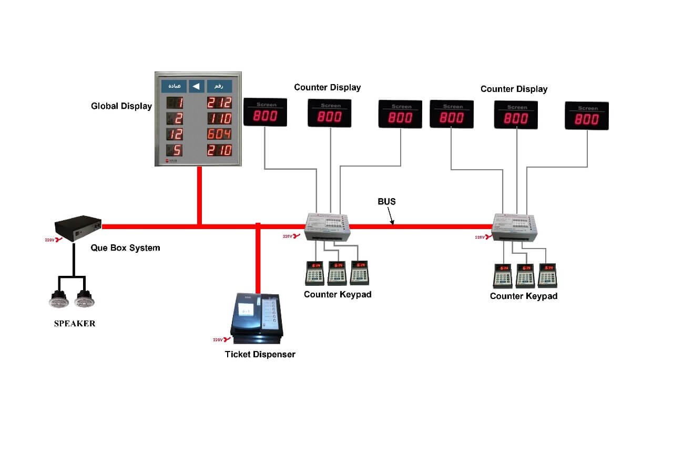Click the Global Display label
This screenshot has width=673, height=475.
(121, 106)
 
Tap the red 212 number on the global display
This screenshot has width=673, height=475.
(219, 102)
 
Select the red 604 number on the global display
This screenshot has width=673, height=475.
(219, 134)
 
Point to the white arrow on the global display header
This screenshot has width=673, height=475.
(196, 86)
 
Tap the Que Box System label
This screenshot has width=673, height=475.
(125, 247)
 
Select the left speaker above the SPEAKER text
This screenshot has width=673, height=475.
(58, 300)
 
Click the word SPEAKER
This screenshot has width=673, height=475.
(75, 324)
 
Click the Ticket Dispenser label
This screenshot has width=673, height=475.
(260, 354)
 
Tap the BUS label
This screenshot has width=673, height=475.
(386, 201)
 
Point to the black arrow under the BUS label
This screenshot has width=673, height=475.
(391, 216)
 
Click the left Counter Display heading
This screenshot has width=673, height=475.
(328, 87)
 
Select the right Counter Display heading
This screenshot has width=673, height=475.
(514, 89)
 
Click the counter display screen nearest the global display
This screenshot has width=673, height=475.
(265, 112)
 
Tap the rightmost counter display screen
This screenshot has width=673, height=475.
(586, 116)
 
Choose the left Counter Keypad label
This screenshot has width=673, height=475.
(338, 294)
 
